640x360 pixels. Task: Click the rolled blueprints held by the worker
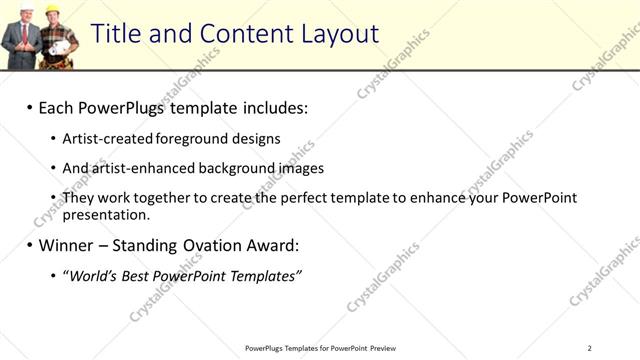tap(62, 45)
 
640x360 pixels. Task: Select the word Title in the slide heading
tap(116, 34)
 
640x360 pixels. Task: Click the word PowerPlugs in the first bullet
tap(121, 106)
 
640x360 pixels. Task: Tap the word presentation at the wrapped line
tap(105, 214)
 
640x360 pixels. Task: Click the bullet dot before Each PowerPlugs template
tap(30, 107)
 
